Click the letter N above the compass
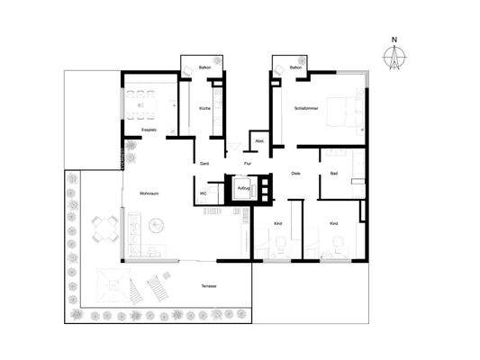click(x=394, y=40)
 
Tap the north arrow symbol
click(x=394, y=57)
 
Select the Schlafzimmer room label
click(x=307, y=108)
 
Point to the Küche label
click(x=204, y=109)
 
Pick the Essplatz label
click(x=149, y=130)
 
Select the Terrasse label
click(x=210, y=286)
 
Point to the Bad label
click(x=334, y=173)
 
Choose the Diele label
click(x=294, y=173)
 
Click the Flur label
click(x=248, y=163)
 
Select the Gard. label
click(x=204, y=163)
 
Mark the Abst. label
click(x=259, y=141)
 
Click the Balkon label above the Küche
click(x=204, y=67)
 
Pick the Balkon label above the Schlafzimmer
click(x=295, y=67)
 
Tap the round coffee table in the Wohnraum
click(x=159, y=223)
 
